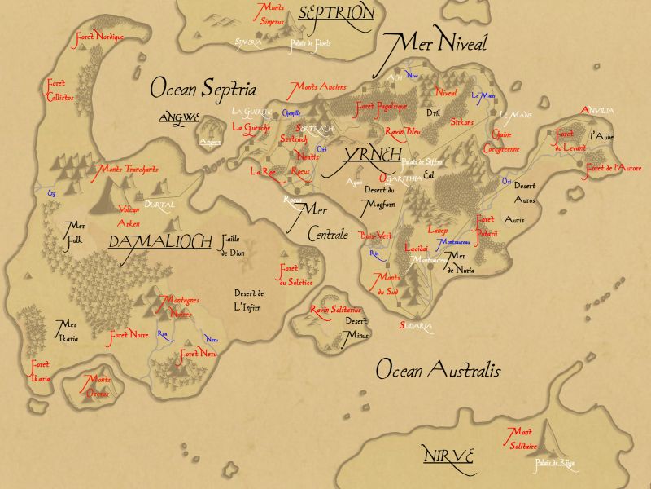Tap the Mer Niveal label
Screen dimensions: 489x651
click(435, 43)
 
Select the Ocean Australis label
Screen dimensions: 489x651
click(438, 371)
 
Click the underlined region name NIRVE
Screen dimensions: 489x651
click(448, 455)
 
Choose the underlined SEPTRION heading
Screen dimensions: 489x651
click(336, 13)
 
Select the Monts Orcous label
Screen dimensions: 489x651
click(99, 385)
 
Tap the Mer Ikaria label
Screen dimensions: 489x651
click(66, 331)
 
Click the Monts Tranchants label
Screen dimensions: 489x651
click(128, 170)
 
